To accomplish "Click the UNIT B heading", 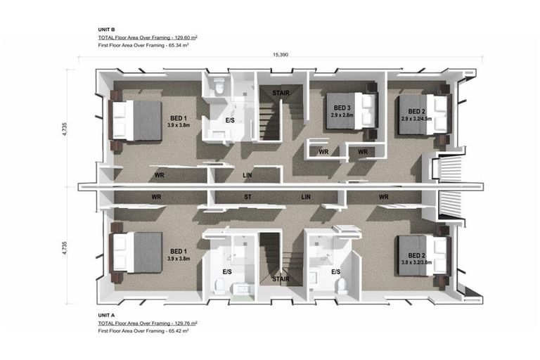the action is (x=106, y=30).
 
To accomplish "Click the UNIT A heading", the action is (x=106, y=315).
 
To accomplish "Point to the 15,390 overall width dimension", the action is (x=281, y=54).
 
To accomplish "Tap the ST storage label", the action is (x=247, y=197).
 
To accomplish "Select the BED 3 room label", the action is (x=342, y=108).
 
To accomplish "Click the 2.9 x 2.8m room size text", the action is (x=342, y=115).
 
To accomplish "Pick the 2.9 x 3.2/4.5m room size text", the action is (x=416, y=119).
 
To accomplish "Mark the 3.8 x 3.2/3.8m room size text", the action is (x=416, y=262).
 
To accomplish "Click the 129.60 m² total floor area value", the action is (x=186, y=37).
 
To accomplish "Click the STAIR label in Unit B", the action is (x=281, y=93).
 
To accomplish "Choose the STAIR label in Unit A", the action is (x=281, y=279).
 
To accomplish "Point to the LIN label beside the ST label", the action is (x=306, y=197).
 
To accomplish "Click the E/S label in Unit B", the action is (x=230, y=120).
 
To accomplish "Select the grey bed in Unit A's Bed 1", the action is (x=136, y=252).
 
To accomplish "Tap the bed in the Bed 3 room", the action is (x=352, y=110).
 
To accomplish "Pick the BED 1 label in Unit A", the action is (x=179, y=252).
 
